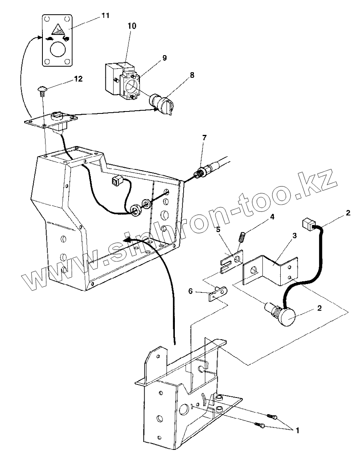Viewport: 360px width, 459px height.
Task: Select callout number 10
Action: tap(131, 26)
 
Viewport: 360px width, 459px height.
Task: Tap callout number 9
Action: tap(164, 58)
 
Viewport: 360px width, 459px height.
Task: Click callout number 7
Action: tap(204, 138)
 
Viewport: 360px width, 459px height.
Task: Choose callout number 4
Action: tap(272, 217)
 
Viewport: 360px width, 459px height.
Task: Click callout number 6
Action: tap(190, 291)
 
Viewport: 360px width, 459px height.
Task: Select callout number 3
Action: tap(294, 235)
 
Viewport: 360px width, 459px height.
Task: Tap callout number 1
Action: tap(297, 430)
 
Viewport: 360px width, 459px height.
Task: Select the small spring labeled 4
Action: tap(241, 238)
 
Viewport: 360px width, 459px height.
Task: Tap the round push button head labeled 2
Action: tap(287, 317)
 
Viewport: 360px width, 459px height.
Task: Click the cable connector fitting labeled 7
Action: tap(200, 173)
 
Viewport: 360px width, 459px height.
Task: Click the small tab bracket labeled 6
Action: tap(216, 294)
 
